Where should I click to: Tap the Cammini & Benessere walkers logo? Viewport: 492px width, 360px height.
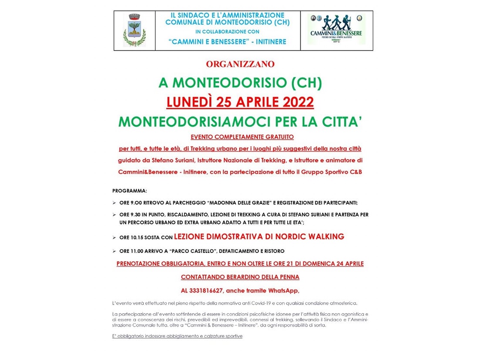click(336, 29)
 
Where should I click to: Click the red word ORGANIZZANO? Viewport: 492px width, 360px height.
click(240, 64)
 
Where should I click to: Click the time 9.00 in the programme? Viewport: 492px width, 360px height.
click(135, 202)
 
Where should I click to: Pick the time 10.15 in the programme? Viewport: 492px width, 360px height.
click(136, 238)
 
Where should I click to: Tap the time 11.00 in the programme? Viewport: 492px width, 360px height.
click(136, 251)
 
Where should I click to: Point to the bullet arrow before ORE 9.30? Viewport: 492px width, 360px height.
click(114, 215)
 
